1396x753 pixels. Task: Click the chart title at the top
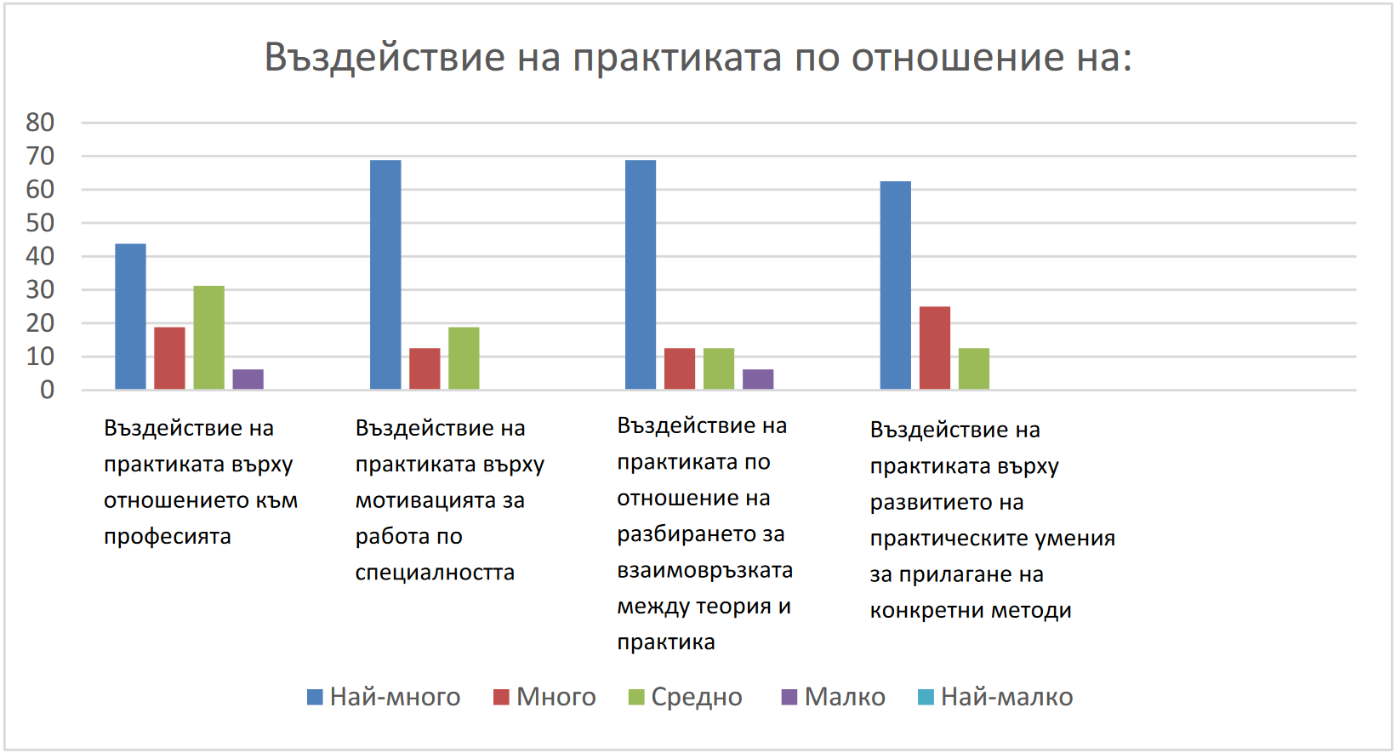[698, 58]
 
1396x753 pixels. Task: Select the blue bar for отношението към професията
[130, 317]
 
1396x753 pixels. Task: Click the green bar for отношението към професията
[208, 338]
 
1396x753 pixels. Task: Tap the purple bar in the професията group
[248, 379]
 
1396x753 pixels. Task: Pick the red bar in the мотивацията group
[424, 368]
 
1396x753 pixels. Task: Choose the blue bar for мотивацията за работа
[385, 275]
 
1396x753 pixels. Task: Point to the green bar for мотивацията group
[464, 358]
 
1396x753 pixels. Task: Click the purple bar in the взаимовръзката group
[758, 379]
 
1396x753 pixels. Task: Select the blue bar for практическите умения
[895, 285]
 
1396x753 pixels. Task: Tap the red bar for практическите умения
[935, 348]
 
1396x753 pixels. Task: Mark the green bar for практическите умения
[974, 368]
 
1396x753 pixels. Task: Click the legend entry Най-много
[385, 697]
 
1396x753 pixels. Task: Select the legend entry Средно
[686, 697]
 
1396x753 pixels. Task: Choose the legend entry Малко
[834, 697]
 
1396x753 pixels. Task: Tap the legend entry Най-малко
[996, 697]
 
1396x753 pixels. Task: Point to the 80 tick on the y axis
[40, 123]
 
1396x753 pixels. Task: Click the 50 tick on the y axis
[40, 223]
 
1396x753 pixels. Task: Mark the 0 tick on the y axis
[47, 390]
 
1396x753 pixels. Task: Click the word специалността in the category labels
[435, 573]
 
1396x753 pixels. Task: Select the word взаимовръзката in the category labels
[704, 570]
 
